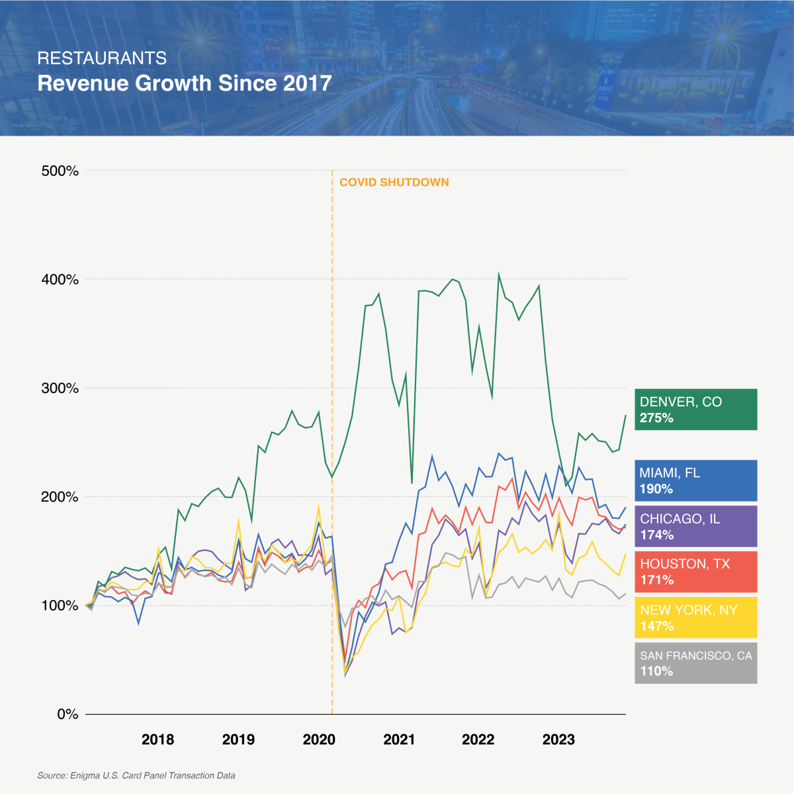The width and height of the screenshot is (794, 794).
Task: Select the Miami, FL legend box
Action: [695, 480]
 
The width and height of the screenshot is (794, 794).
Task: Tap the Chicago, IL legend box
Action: [695, 526]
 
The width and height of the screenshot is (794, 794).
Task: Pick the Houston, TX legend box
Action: [695, 572]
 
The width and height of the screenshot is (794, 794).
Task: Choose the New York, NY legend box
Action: [695, 617]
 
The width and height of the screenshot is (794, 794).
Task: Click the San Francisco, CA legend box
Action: [695, 663]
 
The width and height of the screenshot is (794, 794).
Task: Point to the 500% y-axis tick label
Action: [60, 171]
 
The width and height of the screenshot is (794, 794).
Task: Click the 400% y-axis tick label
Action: [60, 279]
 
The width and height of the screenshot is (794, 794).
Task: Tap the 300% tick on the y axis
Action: [60, 388]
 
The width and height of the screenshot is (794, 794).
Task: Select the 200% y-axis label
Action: [60, 497]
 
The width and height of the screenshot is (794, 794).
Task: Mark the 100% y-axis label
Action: [60, 605]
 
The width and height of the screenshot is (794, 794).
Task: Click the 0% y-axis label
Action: [67, 714]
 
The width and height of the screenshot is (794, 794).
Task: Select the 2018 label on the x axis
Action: [157, 739]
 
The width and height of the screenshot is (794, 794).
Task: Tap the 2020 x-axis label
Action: [319, 739]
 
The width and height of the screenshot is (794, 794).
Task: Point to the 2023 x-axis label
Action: [558, 739]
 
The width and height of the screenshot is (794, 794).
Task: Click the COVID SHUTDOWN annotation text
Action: [394, 182]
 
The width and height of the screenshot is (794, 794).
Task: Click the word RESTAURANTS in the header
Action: [102, 58]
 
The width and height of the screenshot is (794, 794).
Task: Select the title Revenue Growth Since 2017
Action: [185, 83]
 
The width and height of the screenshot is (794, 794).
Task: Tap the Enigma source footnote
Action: [136, 775]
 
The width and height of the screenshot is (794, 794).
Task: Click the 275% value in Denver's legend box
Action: [656, 418]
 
